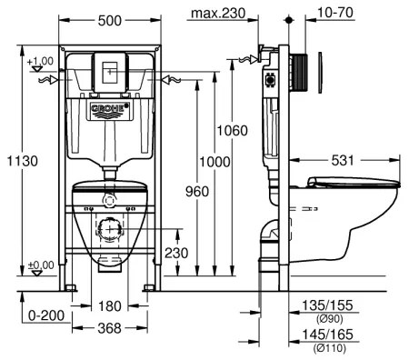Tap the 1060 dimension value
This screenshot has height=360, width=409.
click(232, 131)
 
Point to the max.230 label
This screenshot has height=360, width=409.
click(217, 12)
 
